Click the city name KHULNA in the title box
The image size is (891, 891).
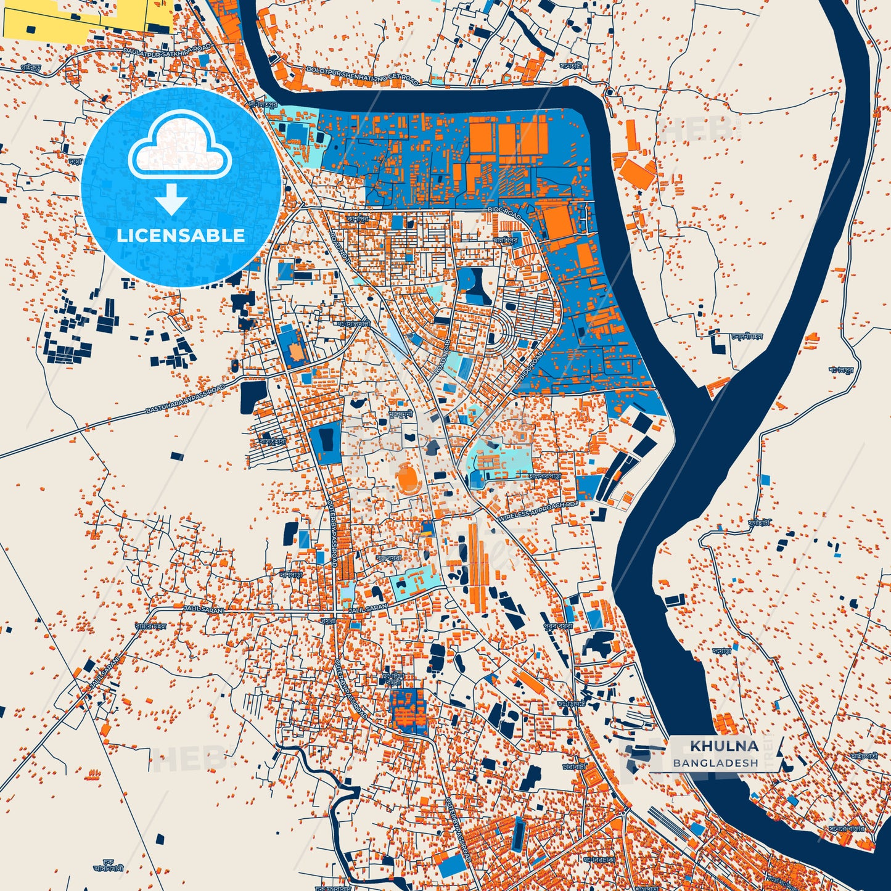tap(723, 746)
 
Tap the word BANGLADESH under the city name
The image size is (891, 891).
tap(715, 763)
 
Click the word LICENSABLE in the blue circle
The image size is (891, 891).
tap(181, 235)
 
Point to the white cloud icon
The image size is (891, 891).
tap(179, 144)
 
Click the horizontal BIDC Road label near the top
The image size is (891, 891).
tap(504, 213)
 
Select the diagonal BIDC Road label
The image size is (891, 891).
tap(532, 366)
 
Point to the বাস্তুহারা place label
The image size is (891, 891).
tap(272, 441)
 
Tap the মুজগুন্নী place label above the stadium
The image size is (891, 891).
tap(400, 415)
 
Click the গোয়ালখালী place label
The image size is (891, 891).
tap(353, 323)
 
